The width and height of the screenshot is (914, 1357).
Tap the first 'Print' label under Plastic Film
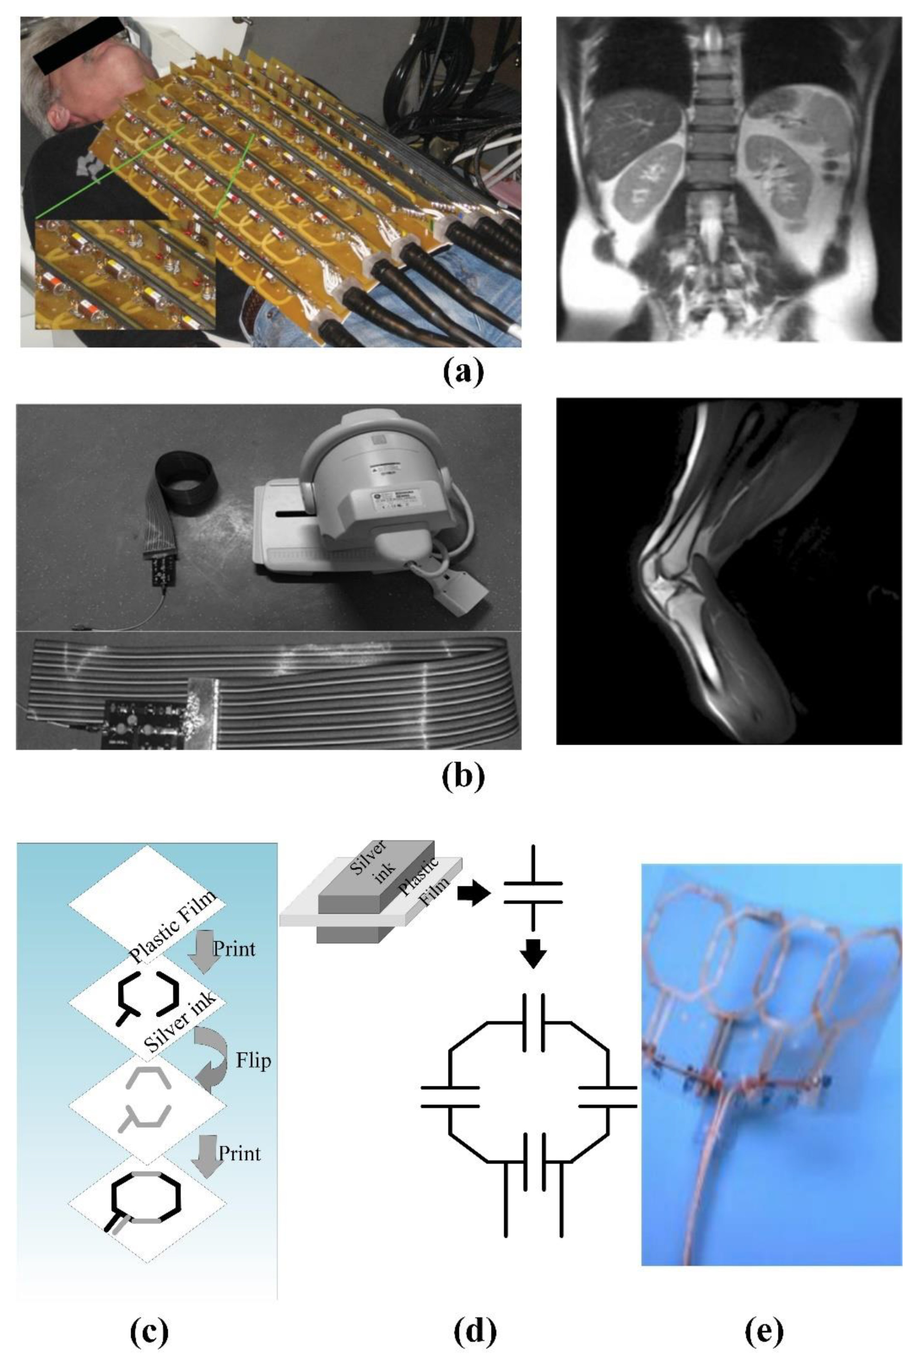click(234, 948)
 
